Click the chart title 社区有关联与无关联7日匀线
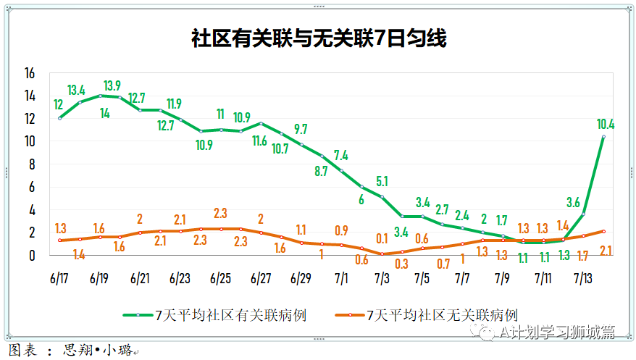tap(319, 38)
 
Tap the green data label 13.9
tap(112, 85)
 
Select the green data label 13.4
tap(76, 91)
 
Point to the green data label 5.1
tap(382, 181)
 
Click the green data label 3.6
tap(573, 202)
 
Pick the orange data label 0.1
tap(382, 238)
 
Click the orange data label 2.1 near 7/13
tap(607, 251)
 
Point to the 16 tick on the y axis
tap(30, 73)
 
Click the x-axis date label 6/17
tap(60, 277)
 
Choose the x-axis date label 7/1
tap(340, 277)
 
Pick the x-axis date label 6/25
tap(220, 277)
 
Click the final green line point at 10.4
tap(603, 137)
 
